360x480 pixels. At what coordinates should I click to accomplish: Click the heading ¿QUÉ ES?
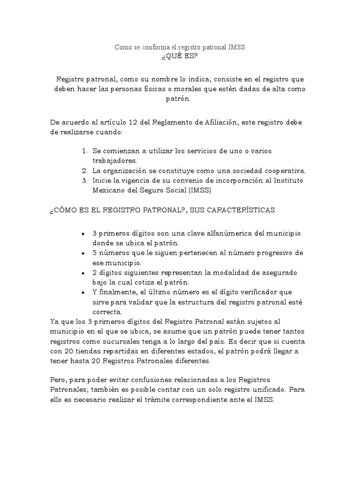pos(180,57)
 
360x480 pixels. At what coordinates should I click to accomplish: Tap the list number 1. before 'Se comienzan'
pos(84,151)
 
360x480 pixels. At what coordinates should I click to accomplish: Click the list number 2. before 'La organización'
pos(84,170)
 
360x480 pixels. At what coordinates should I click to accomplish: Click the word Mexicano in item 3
pos(110,190)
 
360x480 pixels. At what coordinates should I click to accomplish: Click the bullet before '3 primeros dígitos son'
pos(83,233)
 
